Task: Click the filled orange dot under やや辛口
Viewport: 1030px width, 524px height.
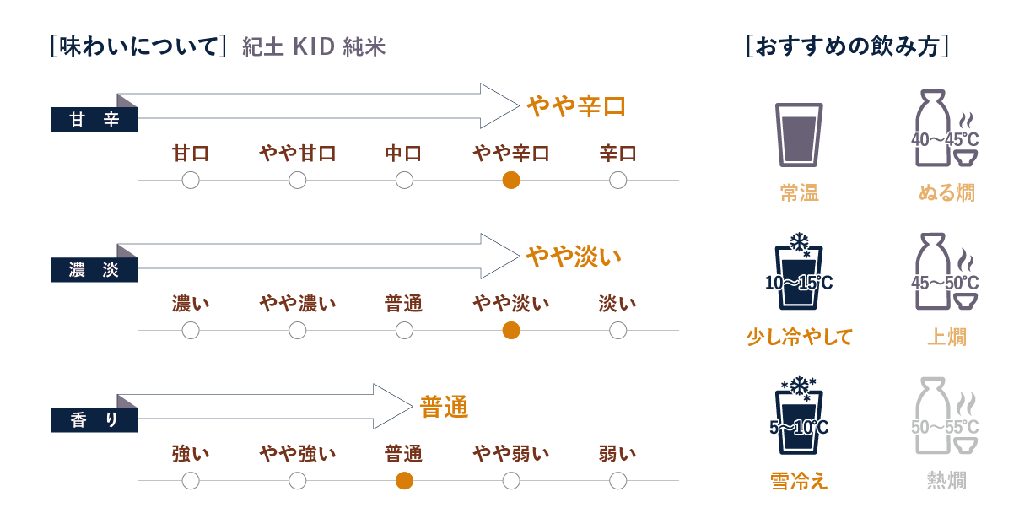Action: point(510,180)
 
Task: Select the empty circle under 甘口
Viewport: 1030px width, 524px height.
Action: point(191,180)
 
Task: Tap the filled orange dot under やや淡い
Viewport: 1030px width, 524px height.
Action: point(510,331)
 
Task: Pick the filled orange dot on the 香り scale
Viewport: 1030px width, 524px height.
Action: point(404,481)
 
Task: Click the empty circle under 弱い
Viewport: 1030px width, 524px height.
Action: point(617,481)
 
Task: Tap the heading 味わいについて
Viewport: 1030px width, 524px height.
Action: point(138,46)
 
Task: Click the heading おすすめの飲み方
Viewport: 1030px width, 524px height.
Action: point(848,46)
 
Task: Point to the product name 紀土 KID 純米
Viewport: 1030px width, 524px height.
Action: point(313,47)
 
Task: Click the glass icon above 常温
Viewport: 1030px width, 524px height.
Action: point(798,132)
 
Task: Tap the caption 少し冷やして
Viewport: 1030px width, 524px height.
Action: point(799,338)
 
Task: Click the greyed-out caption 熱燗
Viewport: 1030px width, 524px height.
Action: point(946,481)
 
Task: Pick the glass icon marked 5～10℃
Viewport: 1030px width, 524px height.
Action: point(798,419)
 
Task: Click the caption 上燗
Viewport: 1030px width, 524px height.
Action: point(946,338)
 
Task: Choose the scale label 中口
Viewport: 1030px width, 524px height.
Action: point(403,154)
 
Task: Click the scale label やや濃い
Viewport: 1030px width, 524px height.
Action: point(297,304)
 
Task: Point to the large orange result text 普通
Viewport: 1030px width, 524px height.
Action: point(444,408)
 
